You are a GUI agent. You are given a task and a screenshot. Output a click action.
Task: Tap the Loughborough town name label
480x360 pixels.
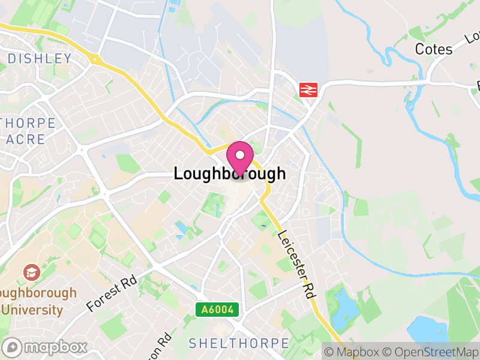click(229, 174)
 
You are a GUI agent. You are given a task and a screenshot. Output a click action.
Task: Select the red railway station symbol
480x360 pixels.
click(308, 90)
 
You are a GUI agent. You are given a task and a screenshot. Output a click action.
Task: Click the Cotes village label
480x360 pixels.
click(433, 49)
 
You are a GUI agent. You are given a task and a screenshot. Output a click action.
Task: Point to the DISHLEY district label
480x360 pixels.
click(40, 59)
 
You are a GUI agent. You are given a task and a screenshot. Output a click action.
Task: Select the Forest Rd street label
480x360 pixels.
click(112, 293)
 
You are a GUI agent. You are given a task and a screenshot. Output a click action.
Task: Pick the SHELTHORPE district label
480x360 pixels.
click(239, 343)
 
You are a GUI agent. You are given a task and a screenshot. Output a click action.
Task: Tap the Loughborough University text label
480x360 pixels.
click(37, 301)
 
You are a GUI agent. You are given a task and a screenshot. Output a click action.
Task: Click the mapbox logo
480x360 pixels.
click(46, 347)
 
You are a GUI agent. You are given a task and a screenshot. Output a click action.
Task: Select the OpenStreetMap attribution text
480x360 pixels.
click(431, 351)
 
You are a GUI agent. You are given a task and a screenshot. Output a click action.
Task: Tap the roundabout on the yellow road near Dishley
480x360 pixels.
click(94, 59)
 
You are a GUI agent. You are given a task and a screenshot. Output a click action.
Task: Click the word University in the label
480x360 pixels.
click(32, 310)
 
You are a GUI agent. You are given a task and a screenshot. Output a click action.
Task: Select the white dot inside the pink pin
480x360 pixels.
click(240, 155)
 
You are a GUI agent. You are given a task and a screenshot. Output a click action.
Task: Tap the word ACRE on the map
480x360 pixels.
click(26, 139)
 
